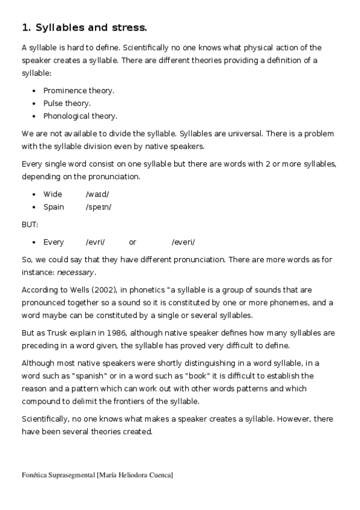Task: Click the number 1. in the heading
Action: [x=26, y=27]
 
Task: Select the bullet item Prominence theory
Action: [x=79, y=90]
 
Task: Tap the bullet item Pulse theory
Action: [x=67, y=103]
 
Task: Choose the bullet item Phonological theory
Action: [x=80, y=116]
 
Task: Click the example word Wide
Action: [x=52, y=194]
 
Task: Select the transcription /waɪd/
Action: [x=97, y=194]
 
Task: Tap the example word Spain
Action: [x=53, y=207]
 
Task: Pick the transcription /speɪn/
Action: [x=99, y=207]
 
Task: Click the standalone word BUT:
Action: [x=29, y=224]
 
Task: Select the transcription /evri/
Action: [x=95, y=242]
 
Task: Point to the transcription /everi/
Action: [x=183, y=242]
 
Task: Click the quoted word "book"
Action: [x=172, y=376]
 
